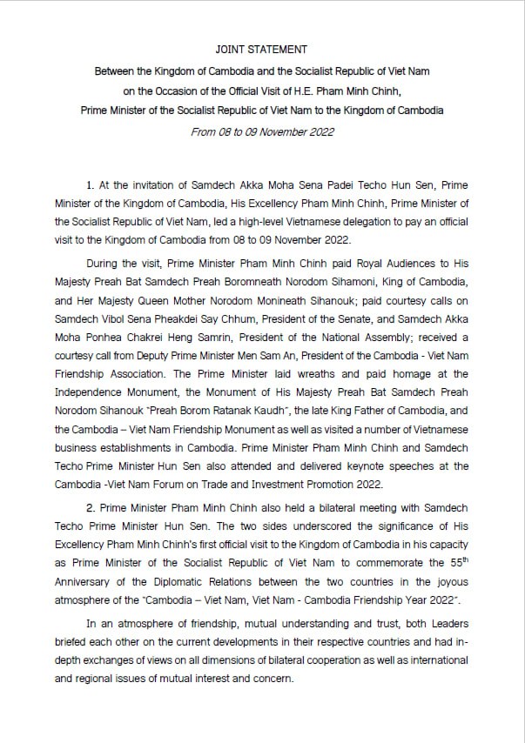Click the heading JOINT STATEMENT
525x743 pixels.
pos(262,50)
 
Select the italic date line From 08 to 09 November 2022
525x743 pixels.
pos(262,132)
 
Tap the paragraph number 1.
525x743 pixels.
pos(90,186)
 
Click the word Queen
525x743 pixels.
pos(163,279)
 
